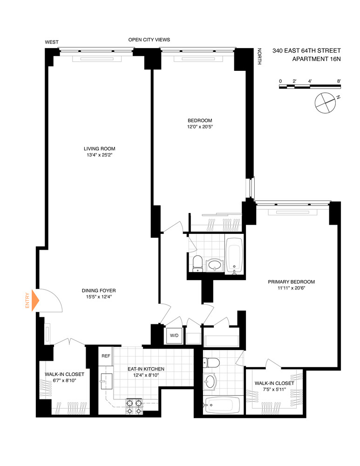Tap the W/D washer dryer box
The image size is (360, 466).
174,335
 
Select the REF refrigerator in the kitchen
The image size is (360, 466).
106,356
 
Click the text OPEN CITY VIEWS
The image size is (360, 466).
149,40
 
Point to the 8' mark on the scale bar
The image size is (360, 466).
339,81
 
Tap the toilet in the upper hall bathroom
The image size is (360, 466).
197,263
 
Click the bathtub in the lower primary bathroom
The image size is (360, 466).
223,404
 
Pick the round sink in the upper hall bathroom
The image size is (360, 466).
215,265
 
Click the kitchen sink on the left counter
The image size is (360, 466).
103,382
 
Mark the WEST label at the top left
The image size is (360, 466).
52,42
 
